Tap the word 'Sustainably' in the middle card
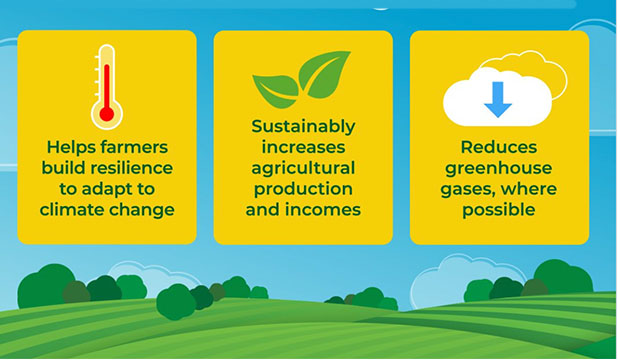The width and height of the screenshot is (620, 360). tap(303, 126)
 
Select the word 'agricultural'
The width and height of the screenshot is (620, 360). tap(303, 168)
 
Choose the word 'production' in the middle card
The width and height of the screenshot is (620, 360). tap(303, 189)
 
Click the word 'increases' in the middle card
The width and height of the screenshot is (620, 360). tap(303, 147)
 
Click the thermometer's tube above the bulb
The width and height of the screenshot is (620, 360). tap(107, 75)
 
